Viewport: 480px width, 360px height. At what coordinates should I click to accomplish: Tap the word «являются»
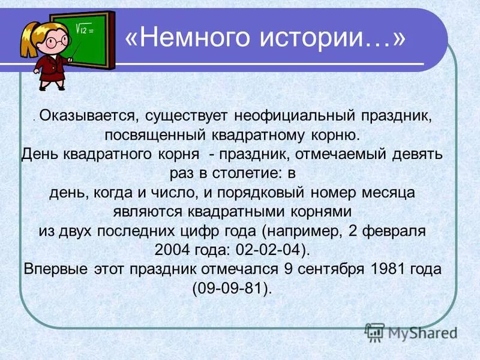coord(149,212)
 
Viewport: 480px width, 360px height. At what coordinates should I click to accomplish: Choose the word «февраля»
coord(397,231)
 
